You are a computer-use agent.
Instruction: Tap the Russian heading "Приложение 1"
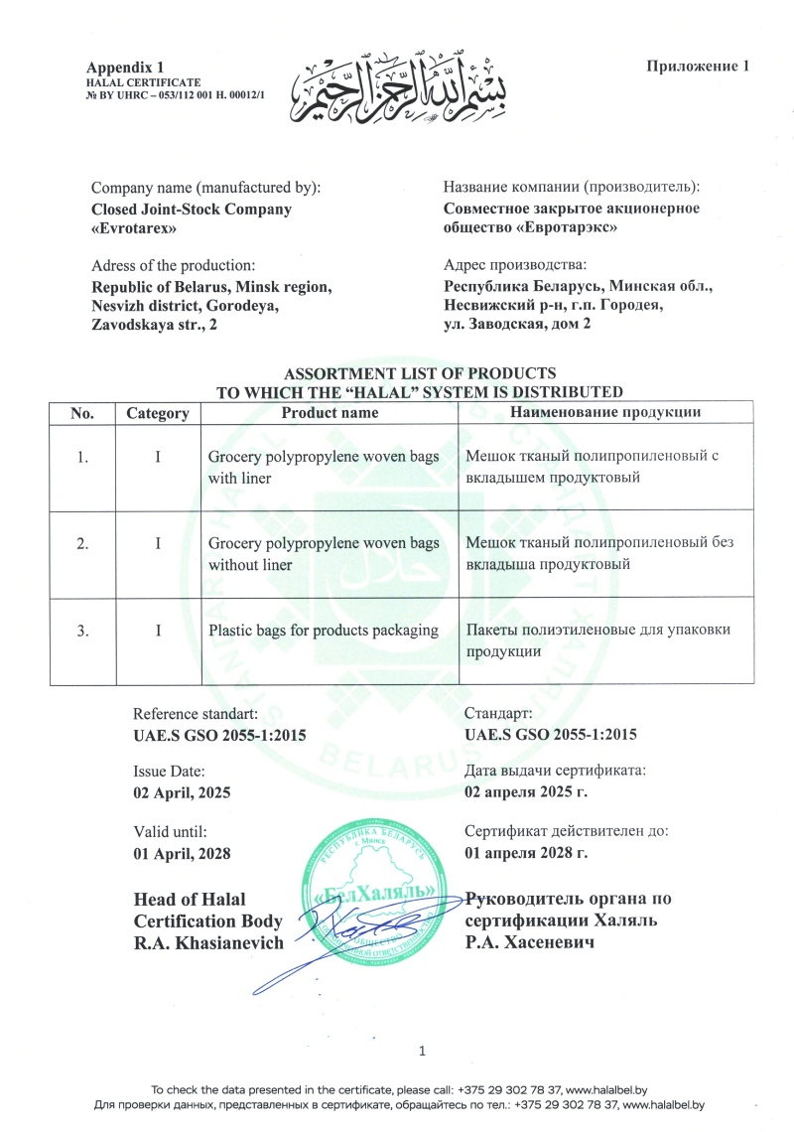pos(696,67)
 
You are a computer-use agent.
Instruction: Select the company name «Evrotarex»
pos(134,227)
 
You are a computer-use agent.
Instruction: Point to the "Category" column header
pos(157,412)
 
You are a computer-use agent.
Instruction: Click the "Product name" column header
pos(330,412)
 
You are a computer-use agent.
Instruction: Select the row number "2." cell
pos(83,543)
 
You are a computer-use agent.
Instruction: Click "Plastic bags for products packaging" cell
pos(324,630)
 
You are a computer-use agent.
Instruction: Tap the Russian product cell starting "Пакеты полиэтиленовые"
pos(590,640)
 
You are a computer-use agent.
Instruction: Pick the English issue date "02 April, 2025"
pos(188,790)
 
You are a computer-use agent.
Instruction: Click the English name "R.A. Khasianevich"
pos(208,940)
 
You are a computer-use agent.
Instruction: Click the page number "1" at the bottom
pos(423,1051)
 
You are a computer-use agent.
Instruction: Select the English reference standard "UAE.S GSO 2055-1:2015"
pos(219,734)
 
